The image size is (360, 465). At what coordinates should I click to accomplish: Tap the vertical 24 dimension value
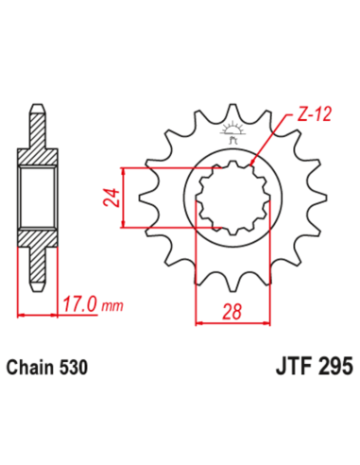click(x=110, y=198)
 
